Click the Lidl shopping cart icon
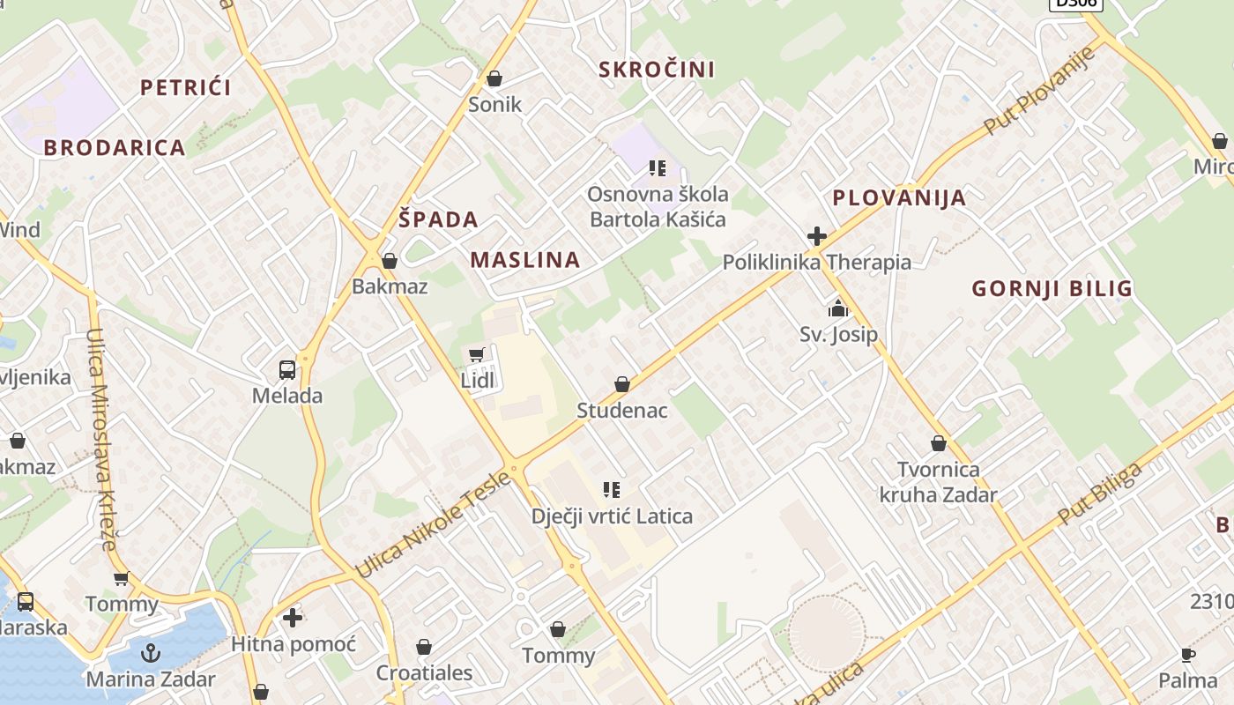(x=477, y=354)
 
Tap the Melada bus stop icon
(x=287, y=369)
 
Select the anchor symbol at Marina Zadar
(x=151, y=653)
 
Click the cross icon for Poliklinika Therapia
(x=817, y=236)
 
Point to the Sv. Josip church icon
(x=837, y=308)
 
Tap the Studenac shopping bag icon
(x=622, y=384)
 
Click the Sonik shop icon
(x=494, y=78)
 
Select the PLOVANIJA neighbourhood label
(x=899, y=197)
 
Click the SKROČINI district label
(x=657, y=69)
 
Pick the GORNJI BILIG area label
(x=1052, y=288)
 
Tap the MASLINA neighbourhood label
(x=525, y=260)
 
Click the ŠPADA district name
(x=438, y=219)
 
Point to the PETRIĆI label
(x=186, y=87)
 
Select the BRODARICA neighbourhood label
(x=115, y=147)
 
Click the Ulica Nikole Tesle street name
(x=433, y=525)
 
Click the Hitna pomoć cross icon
(x=293, y=618)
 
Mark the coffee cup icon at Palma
(x=1188, y=655)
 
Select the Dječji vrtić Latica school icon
(x=612, y=489)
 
